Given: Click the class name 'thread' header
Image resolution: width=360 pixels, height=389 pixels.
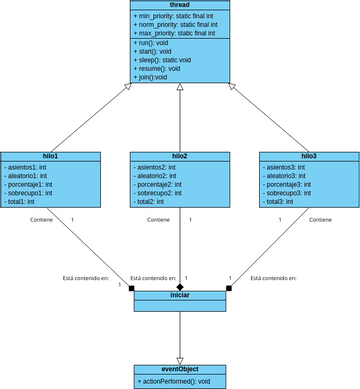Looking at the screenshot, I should (179, 5).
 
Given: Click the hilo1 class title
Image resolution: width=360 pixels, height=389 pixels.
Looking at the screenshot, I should (50, 156).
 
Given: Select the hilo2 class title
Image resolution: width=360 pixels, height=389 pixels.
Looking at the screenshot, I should (179, 156).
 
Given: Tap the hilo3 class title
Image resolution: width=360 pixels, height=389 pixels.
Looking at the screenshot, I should (308, 156).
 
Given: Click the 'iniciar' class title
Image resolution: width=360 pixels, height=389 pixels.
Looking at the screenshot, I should (179, 296).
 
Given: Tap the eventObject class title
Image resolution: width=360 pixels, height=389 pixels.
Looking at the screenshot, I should (179, 369).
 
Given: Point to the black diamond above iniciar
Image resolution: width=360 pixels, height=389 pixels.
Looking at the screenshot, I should (179, 286).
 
